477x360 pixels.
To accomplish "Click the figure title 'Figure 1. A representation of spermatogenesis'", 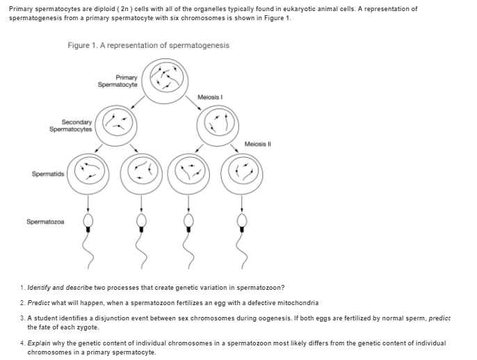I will (149, 45).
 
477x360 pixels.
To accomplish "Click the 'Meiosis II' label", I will (256, 144).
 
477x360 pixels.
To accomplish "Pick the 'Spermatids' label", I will (46, 173).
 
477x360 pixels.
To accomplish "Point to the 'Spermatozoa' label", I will (45, 222).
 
